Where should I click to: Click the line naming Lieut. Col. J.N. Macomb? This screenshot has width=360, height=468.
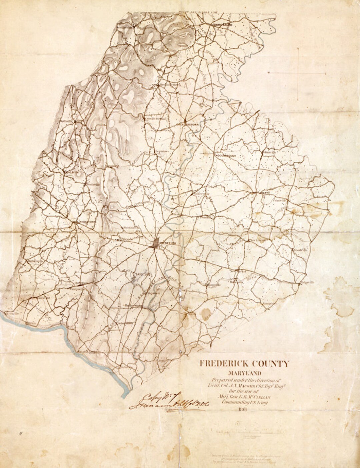point(245,385)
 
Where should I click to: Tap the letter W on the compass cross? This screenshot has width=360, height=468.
point(269,72)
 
